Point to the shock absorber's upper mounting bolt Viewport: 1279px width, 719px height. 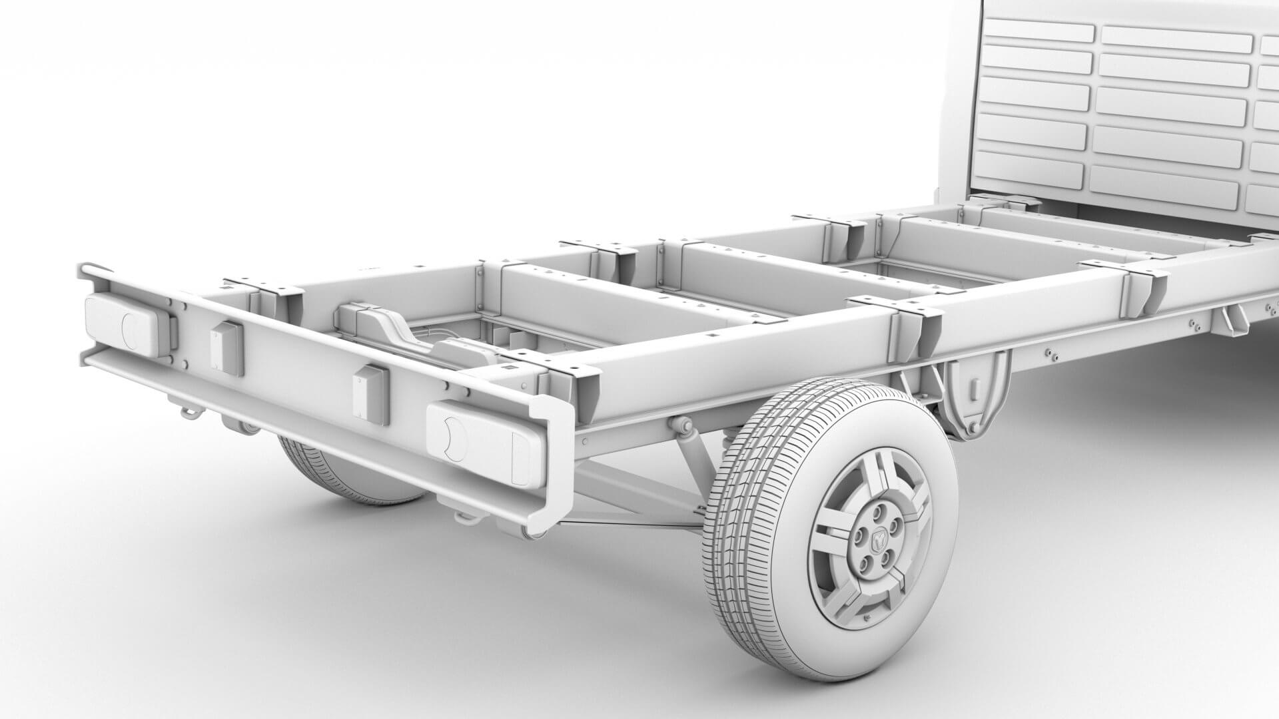click(681, 424)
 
